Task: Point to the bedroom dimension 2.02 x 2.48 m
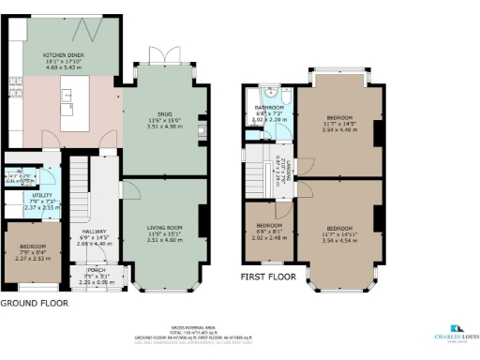click(268, 238)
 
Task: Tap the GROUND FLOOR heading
click(33, 304)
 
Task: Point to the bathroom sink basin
click(269, 95)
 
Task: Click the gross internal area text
click(239, 329)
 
